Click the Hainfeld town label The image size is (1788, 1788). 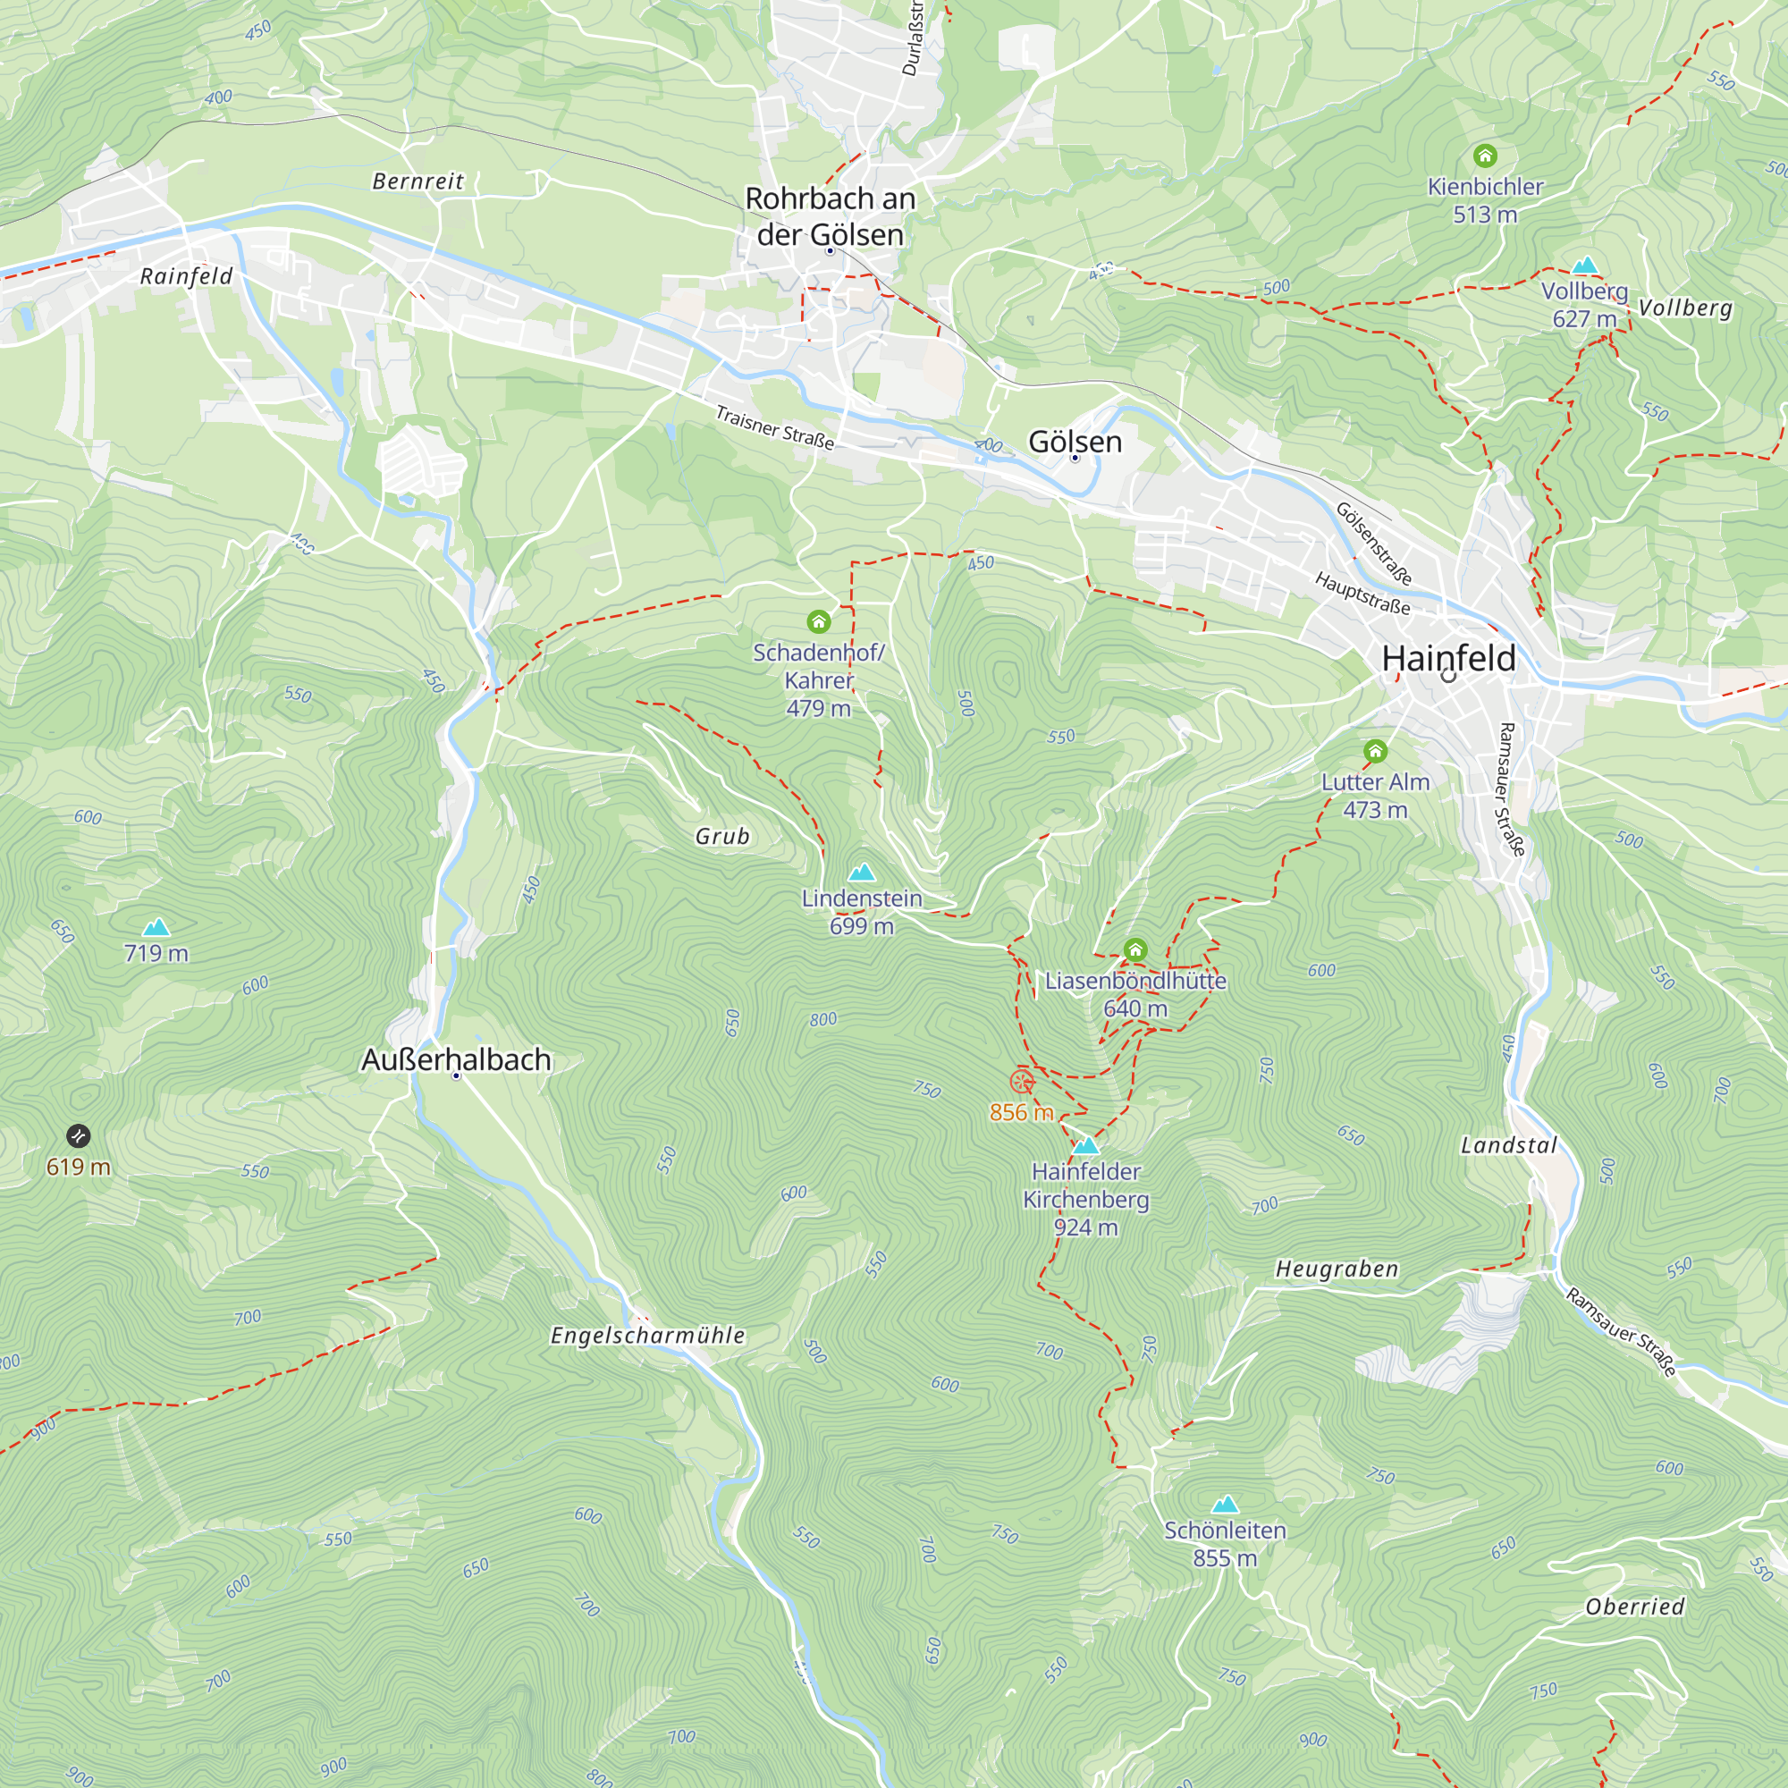[1448, 659]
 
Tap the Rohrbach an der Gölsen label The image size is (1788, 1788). [831, 216]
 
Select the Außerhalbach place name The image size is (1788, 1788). [456, 1059]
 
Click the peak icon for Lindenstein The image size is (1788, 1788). [862, 872]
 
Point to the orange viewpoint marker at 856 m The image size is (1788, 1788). [1022, 1081]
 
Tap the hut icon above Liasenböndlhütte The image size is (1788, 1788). [1135, 949]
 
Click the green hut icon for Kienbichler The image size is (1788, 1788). [1484, 156]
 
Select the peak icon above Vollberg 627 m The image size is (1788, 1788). [1585, 266]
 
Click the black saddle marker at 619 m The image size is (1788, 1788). [79, 1135]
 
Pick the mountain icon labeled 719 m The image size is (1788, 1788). [156, 926]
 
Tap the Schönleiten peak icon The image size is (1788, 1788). [1226, 1504]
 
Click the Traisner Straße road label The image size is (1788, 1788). [774, 427]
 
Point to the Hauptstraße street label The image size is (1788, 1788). [1362, 595]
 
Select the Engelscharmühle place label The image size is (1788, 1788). [648, 1336]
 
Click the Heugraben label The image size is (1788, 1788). [1337, 1269]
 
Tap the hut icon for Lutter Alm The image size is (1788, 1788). [1375, 751]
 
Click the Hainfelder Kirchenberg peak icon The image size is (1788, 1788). [1085, 1146]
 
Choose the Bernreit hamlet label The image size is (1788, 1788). [417, 181]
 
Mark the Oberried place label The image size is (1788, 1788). [1634, 1607]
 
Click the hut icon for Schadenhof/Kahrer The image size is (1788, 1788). [818, 621]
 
